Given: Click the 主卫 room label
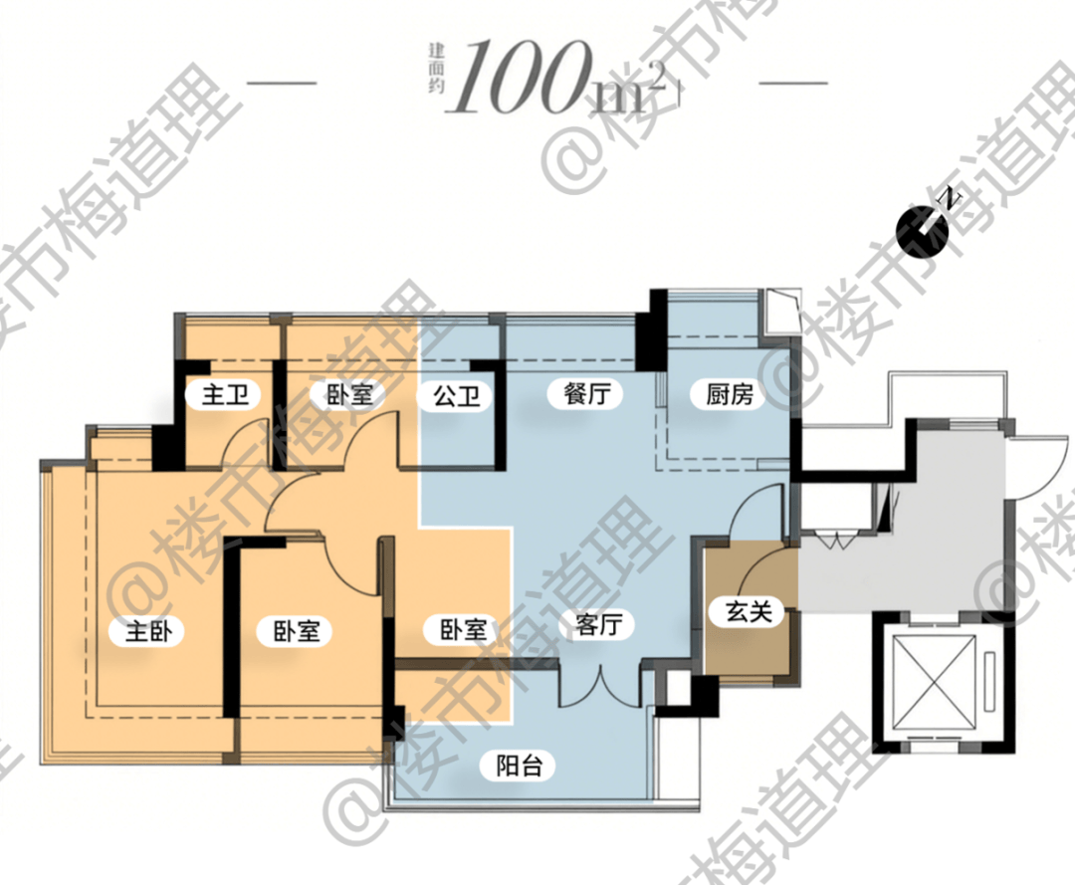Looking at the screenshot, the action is coord(225,395).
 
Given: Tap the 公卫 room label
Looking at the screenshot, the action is coord(457,395).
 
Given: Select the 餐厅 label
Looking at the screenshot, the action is coord(587,393).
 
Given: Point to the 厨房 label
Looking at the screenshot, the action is coord(730,394).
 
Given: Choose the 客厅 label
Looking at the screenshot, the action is coord(599,624).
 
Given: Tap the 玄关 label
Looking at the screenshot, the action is coord(750,611).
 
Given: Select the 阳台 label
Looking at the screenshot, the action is coord(520,765).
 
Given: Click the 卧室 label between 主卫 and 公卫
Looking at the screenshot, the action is coord(349,395).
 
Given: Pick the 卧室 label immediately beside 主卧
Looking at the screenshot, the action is coord(297,631).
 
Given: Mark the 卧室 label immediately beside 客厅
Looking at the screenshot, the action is coord(464,629).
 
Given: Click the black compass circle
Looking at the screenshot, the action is coord(922,233).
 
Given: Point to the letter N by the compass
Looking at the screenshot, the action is coord(951,199).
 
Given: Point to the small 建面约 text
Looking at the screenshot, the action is coord(437,69).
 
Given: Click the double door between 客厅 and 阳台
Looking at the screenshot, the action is coord(600,686).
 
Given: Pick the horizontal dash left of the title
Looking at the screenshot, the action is coord(281,84).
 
